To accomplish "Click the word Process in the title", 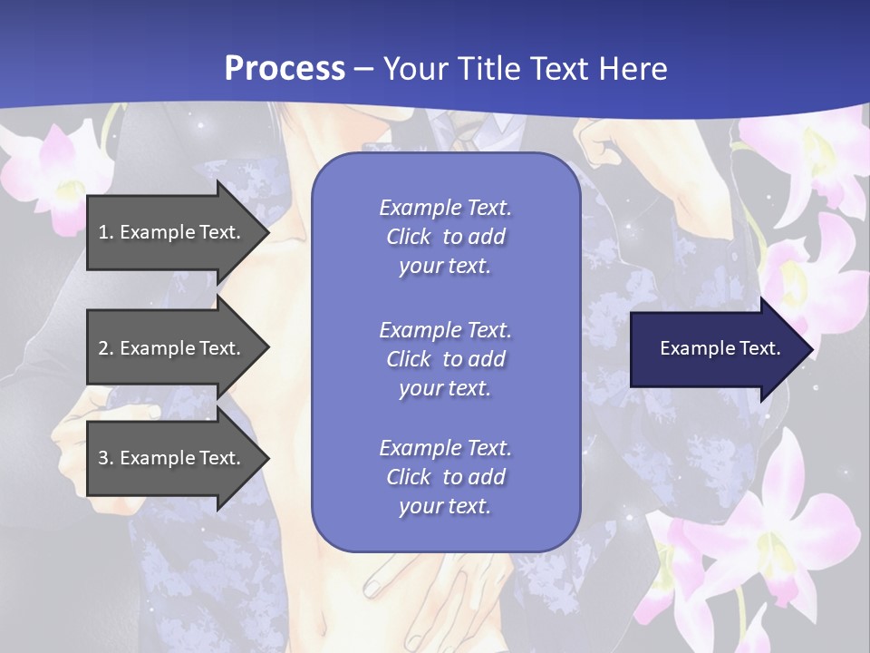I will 285,69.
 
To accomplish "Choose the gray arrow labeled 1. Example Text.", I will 172,232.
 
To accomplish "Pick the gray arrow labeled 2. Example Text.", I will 172,348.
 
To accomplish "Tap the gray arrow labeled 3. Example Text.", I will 172,458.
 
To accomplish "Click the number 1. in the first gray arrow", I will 106,232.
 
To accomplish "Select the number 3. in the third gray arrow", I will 106,458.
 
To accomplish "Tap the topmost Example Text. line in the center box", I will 445,208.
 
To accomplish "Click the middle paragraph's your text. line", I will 445,388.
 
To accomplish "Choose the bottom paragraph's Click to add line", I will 445,477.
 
